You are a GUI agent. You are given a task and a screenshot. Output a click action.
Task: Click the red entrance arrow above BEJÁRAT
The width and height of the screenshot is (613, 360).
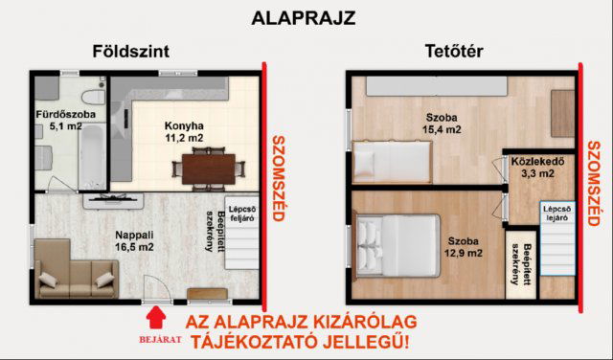coord(151,315)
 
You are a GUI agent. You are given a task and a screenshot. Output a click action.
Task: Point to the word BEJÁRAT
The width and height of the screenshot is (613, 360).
coord(151,337)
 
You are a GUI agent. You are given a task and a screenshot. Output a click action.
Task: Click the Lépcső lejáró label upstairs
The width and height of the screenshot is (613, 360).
coord(556,214)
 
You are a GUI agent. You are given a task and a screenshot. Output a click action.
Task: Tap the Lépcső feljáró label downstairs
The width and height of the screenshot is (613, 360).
coord(247,215)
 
